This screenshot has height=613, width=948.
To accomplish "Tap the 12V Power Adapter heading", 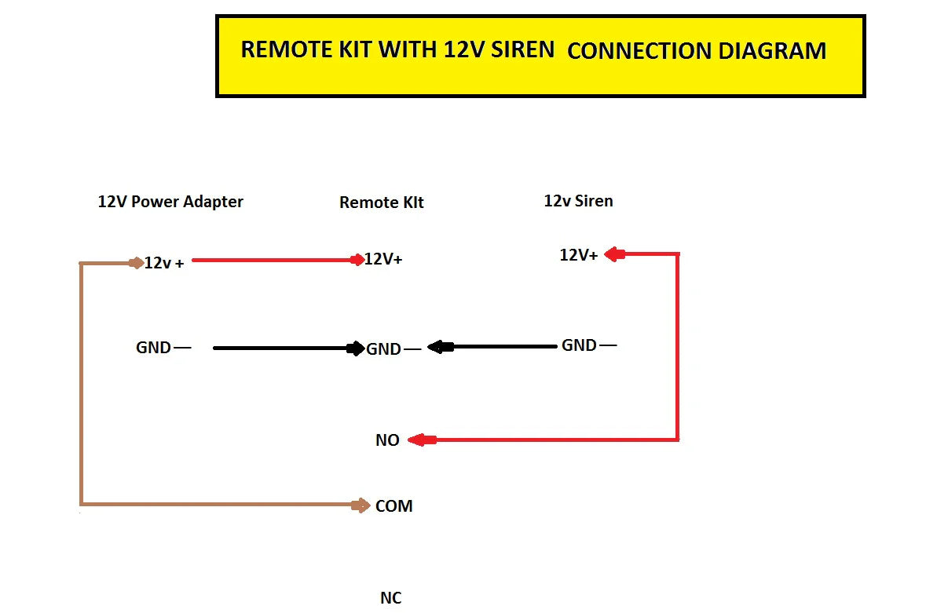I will (170, 202).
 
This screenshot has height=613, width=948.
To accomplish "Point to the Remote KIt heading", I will (381, 203).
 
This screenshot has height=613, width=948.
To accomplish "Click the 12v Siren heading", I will (578, 201).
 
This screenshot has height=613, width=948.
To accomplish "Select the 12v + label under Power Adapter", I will (164, 263).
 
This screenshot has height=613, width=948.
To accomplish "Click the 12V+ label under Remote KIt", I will (383, 259).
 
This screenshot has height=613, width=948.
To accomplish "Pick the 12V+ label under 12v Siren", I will (578, 255).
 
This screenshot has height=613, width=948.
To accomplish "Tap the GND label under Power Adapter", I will (154, 348).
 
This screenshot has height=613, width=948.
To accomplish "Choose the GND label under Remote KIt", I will (384, 349).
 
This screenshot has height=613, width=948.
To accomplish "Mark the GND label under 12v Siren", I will (579, 345).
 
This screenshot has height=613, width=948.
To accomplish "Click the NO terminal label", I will (387, 440).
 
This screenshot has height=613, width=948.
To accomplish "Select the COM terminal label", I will (393, 506).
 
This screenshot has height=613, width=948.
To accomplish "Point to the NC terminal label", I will (390, 598).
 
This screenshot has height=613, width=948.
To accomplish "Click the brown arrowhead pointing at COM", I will (362, 505).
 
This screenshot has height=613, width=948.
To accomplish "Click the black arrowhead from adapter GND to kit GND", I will (356, 348).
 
